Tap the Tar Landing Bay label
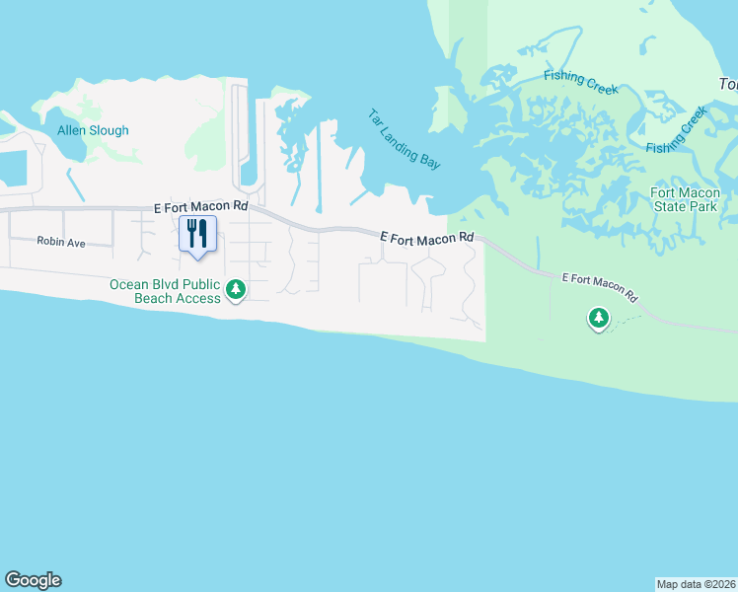404,139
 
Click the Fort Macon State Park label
685,199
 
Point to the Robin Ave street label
61,241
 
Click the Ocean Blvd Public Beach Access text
165,291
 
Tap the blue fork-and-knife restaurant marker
197,235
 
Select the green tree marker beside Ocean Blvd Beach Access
236,290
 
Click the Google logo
33,580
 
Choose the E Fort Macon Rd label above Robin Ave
201,208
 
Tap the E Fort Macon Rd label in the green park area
599,287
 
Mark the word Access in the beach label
200,298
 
